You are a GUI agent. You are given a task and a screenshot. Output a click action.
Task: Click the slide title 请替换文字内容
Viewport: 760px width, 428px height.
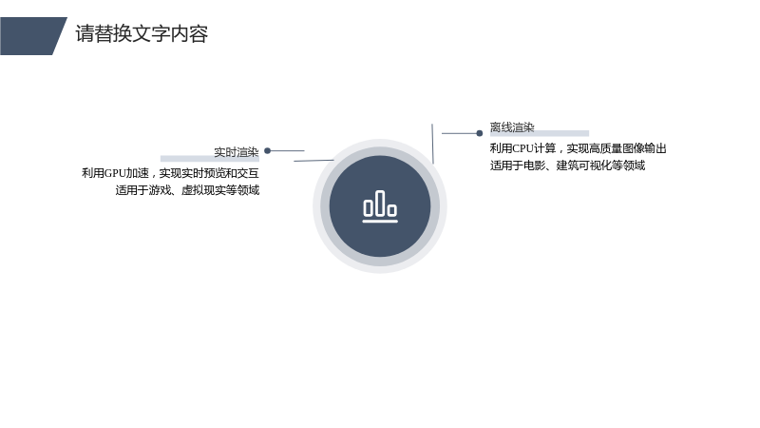pyautogui.click(x=142, y=34)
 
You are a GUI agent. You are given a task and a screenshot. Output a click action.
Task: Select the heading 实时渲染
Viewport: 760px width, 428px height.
pyautogui.click(x=236, y=152)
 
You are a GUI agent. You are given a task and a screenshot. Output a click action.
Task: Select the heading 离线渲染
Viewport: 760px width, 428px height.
pyautogui.click(x=512, y=127)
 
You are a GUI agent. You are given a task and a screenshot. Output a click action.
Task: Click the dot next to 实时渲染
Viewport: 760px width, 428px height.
pyautogui.click(x=267, y=151)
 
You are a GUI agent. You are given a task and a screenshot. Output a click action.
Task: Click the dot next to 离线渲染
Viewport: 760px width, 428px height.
pyautogui.click(x=480, y=133)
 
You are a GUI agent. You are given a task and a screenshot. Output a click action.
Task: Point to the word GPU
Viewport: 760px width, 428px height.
pyautogui.click(x=115, y=173)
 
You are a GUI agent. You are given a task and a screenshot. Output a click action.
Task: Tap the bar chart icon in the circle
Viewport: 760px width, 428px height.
pyautogui.click(x=380, y=206)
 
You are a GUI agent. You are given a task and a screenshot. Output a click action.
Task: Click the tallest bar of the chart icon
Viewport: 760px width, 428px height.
pyautogui.click(x=380, y=203)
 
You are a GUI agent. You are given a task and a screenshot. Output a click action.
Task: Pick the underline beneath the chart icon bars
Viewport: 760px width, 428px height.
pyautogui.click(x=380, y=222)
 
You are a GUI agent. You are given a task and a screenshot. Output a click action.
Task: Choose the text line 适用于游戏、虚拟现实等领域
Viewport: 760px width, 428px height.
pyautogui.click(x=187, y=190)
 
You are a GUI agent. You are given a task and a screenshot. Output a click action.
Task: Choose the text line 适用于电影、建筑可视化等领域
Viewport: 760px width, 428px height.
pyautogui.click(x=567, y=165)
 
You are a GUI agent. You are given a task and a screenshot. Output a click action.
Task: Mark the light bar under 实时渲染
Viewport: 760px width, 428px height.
pyautogui.click(x=210, y=159)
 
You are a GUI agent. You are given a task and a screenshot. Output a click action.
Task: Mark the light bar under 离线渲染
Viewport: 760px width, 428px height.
pyautogui.click(x=540, y=133)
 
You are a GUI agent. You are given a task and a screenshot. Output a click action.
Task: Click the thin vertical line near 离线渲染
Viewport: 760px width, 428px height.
pyautogui.click(x=433, y=144)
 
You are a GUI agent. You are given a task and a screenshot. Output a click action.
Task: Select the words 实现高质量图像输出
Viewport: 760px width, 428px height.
pyautogui.click(x=617, y=148)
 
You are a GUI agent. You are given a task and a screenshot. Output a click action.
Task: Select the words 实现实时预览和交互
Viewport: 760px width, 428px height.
pyautogui.click(x=209, y=173)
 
